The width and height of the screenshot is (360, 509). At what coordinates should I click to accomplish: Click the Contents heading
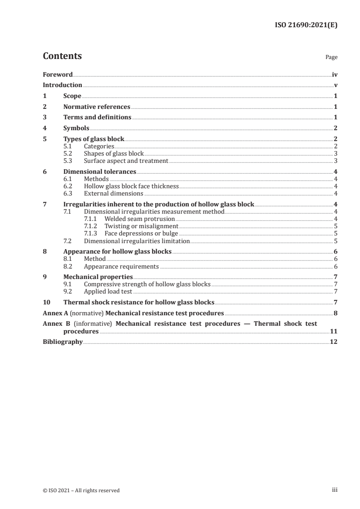(x=62, y=56)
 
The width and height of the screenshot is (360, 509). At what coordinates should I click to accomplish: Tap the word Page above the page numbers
(x=331, y=58)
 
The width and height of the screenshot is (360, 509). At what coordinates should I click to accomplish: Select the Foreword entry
(x=58, y=74)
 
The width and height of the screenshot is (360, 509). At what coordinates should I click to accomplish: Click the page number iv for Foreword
(x=334, y=74)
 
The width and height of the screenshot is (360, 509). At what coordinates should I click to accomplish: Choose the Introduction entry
(x=62, y=85)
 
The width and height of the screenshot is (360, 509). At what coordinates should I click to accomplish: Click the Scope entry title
(x=72, y=96)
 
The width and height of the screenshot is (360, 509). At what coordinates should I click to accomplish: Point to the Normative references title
(x=97, y=107)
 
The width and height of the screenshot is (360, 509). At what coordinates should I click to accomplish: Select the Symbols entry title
(x=76, y=128)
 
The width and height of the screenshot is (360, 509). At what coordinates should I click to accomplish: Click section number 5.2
(x=68, y=153)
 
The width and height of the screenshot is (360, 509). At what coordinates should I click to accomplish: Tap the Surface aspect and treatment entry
(x=126, y=161)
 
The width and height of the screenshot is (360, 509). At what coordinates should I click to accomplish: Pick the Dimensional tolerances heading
(x=100, y=172)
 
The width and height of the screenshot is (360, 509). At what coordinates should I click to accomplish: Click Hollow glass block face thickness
(x=131, y=186)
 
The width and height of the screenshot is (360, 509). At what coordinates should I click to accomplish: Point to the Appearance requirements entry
(x=121, y=266)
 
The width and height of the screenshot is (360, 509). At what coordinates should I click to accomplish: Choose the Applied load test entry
(x=108, y=292)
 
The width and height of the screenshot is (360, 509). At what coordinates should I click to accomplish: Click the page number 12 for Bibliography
(x=334, y=342)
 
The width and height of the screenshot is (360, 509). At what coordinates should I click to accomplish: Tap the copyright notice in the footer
(x=81, y=490)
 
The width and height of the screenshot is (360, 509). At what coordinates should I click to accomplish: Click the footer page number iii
(x=335, y=490)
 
